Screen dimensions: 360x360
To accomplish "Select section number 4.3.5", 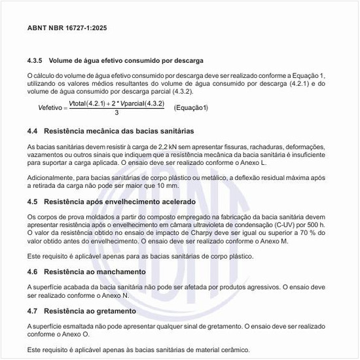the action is (35, 60).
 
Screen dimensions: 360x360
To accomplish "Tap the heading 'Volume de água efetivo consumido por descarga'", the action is (126, 60).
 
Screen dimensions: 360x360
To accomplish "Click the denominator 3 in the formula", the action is (116, 113).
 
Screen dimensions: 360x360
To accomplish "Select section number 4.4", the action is (33, 131).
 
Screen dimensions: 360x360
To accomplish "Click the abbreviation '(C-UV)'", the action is (287, 225).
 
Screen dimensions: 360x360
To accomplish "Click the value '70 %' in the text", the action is (308, 233).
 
